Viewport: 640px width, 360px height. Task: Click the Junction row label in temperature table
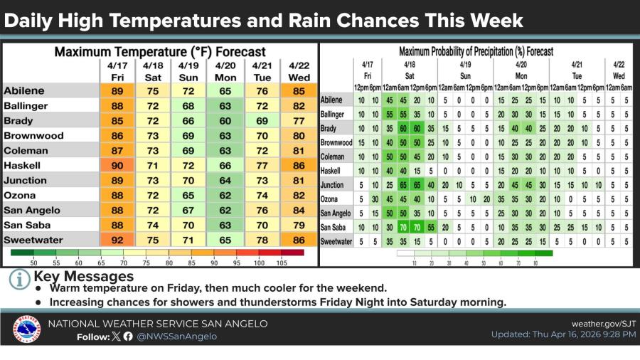tap(25, 180)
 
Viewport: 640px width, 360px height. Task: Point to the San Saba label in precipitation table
tap(334, 227)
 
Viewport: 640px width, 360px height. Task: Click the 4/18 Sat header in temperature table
tap(153, 70)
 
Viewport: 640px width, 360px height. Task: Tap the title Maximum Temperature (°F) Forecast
tap(160, 51)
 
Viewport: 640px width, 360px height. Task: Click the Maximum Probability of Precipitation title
tap(476, 51)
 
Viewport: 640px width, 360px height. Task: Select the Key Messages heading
tap(83, 276)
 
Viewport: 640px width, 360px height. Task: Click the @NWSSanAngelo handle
tap(176, 337)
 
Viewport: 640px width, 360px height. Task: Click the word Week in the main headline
tap(494, 21)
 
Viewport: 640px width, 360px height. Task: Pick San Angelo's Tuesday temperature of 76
tap(261, 210)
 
